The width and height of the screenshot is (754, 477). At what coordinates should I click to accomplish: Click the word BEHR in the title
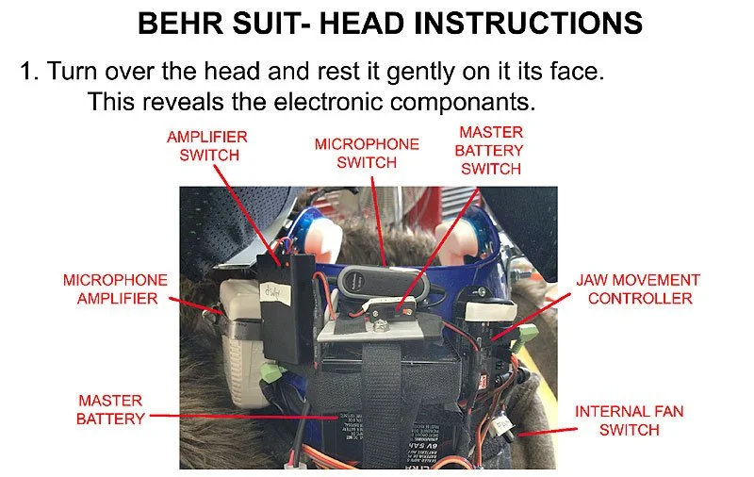click(x=180, y=23)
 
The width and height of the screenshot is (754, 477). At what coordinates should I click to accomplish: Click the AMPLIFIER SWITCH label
click(x=207, y=146)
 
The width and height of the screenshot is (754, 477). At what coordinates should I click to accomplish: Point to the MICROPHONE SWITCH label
click(x=367, y=154)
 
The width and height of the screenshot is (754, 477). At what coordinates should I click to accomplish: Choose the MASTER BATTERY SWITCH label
click(x=489, y=151)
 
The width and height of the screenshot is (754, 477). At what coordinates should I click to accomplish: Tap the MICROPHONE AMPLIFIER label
click(x=116, y=289)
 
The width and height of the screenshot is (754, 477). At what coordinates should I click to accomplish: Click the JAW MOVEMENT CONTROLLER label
click(x=639, y=289)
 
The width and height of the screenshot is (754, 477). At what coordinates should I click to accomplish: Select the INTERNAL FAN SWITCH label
click(x=630, y=420)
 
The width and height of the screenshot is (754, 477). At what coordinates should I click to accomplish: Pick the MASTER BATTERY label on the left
click(x=110, y=410)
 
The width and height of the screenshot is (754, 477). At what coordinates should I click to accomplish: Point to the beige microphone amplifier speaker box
click(x=240, y=341)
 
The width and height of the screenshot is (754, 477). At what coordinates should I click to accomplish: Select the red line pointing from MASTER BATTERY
click(x=244, y=417)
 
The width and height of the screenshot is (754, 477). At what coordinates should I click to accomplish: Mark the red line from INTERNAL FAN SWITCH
click(x=548, y=432)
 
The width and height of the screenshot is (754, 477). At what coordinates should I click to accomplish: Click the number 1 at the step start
click(x=28, y=72)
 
